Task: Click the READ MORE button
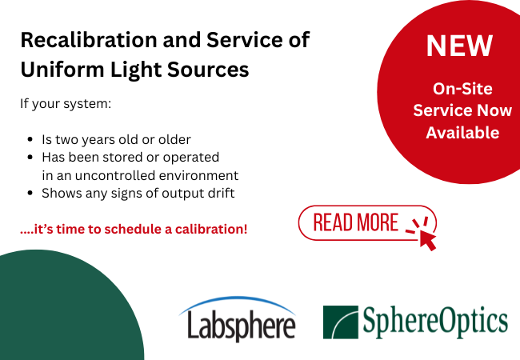pos(356,222)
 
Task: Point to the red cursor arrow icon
pos(423,233)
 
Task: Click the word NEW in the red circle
pos(458,46)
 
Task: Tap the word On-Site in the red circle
pos(462,89)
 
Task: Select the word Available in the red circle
pos(462,132)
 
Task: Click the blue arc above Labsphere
pos(237,305)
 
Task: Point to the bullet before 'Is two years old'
pos(30,139)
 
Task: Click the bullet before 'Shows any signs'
pos(30,193)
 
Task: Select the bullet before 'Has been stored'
pos(30,158)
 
